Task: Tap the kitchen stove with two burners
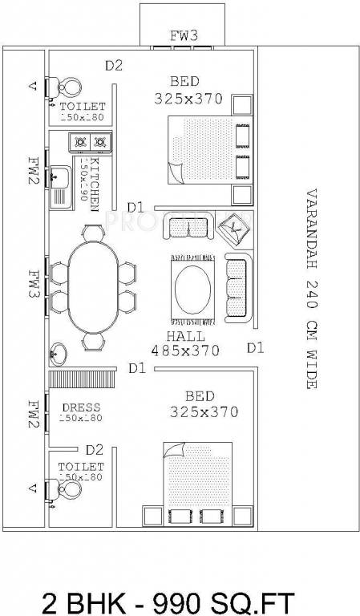coord(89,144)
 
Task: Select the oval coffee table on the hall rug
coord(193,287)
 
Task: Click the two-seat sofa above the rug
coord(188,228)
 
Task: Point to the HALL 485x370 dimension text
coord(185,342)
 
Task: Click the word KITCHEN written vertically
coord(95,184)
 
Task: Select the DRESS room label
coord(82,408)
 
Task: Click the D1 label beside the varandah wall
coord(256,347)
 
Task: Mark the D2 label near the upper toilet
coord(114,66)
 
